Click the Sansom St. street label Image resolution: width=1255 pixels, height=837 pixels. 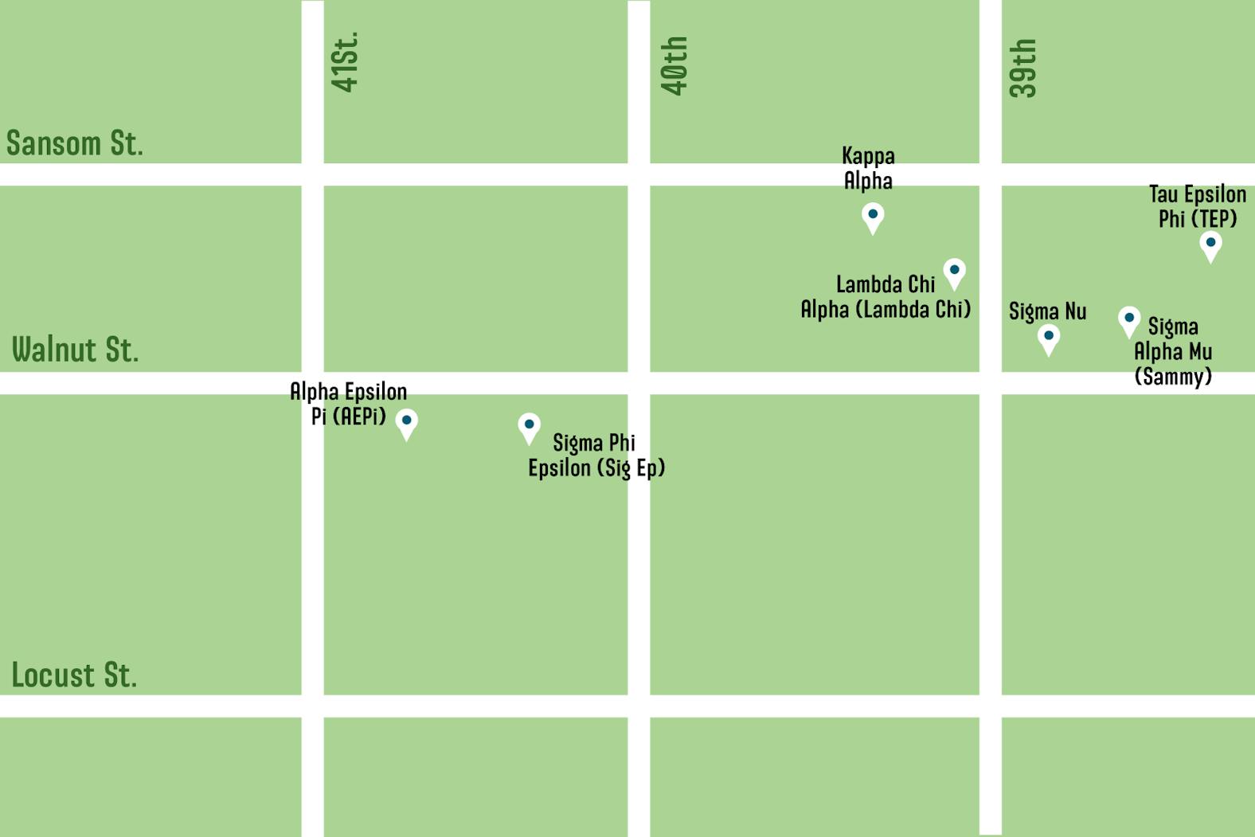coord(75,143)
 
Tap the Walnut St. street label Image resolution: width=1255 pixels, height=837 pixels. coord(75,350)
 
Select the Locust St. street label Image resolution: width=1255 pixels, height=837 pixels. coord(74,675)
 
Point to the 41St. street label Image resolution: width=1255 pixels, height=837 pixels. coord(345,62)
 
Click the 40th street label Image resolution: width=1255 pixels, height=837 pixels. coord(674,66)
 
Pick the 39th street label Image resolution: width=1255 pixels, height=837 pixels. coord(1022,68)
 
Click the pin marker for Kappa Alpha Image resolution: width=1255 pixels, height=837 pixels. coord(873,217)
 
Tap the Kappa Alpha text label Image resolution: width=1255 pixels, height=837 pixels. coord(868,168)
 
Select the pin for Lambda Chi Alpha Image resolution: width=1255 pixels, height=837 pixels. coord(954,272)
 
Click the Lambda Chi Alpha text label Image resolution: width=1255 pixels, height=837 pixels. coord(886,297)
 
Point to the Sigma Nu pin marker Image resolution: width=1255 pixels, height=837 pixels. coord(1049,338)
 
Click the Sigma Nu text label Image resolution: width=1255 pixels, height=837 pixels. coord(1047,311)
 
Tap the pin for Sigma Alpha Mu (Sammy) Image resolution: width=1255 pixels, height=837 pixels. coord(1128,320)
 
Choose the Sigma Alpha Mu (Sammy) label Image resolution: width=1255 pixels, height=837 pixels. coord(1173,351)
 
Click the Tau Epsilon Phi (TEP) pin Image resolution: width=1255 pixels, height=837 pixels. coord(1210,244)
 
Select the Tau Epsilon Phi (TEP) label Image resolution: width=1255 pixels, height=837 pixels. coord(1197,206)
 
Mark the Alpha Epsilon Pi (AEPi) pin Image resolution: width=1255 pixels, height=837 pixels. coord(406,422)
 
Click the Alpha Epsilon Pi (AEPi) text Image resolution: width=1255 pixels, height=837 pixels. coord(348,404)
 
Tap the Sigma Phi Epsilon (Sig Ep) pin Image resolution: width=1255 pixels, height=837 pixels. coord(529,427)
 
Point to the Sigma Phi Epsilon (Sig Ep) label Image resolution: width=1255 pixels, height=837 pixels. coord(596,456)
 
